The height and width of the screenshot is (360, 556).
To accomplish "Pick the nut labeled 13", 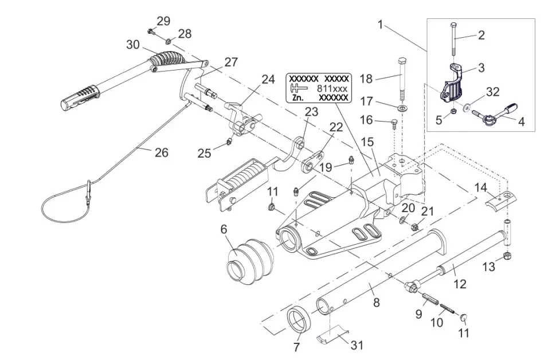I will (x=507, y=255).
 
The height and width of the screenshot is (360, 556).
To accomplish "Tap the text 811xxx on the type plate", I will (x=332, y=89).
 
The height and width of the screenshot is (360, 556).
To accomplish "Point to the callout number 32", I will (x=493, y=92).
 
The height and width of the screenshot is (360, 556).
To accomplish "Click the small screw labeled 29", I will (x=150, y=31).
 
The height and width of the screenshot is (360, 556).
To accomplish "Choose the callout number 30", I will (x=133, y=44).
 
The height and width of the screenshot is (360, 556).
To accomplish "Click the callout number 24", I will (x=268, y=79).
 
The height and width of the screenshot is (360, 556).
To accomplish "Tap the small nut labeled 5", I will (x=453, y=111).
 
